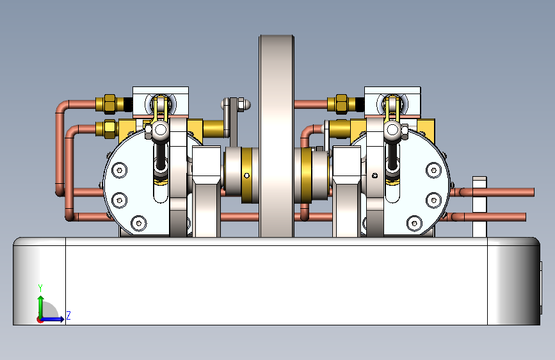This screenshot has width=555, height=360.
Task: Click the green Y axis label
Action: point(40,288)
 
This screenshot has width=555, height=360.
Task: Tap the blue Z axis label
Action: point(68,315)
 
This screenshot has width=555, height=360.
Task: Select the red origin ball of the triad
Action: point(40,319)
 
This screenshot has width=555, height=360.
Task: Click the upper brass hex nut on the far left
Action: point(109,103)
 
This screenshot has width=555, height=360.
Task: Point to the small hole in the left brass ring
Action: point(246,175)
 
